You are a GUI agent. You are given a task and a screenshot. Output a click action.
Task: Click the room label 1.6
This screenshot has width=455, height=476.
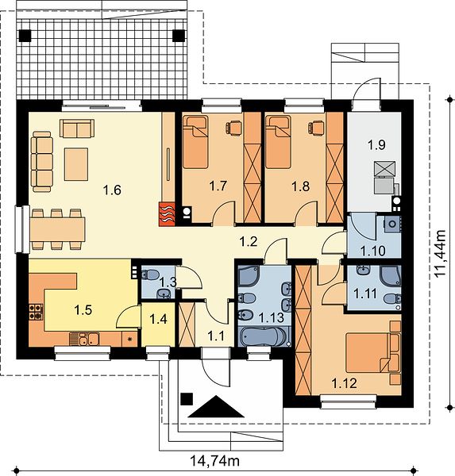tap(112, 190)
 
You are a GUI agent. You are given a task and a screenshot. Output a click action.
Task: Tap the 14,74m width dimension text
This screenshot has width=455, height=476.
tap(215, 461)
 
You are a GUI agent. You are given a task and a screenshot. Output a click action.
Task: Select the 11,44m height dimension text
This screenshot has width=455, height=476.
tap(440, 254)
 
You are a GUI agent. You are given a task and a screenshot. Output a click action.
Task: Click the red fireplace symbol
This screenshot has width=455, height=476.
tap(167, 215)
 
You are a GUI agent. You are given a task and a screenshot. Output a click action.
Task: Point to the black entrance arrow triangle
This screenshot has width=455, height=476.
tap(216, 406)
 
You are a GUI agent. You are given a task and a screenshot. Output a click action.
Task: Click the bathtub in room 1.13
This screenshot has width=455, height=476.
tap(263, 337)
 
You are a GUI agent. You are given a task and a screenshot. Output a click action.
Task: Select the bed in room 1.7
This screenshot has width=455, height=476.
tap(196, 142)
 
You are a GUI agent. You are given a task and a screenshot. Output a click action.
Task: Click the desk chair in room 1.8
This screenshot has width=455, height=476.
tap(316, 127)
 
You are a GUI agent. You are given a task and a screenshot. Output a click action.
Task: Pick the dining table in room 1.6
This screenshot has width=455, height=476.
tap(57, 229)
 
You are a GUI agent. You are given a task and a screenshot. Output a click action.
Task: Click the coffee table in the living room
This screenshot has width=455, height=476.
tap(76, 164)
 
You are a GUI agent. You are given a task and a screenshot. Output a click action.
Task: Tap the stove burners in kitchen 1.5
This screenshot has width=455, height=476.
tap(36, 313)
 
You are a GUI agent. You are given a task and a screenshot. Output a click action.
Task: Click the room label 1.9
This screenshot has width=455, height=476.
tap(376, 145)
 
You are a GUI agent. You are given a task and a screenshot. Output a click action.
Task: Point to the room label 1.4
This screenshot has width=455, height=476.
tap(158, 319)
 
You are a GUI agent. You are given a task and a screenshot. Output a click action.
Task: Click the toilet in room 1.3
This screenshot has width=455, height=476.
tap(149, 274)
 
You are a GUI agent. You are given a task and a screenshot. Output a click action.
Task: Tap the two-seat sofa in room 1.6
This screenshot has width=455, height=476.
tap(76, 129)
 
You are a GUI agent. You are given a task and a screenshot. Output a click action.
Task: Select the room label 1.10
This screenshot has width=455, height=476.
tap(372, 251)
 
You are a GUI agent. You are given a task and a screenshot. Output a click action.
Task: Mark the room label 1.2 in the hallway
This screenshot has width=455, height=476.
tap(249, 242)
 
